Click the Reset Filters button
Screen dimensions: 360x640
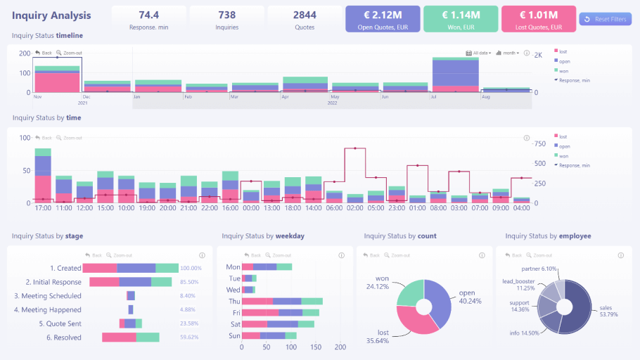pos(605,19)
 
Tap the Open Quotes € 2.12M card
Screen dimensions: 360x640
pos(383,19)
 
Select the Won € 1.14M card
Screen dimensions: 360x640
pos(461,19)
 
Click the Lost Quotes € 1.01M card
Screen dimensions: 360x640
pos(538,19)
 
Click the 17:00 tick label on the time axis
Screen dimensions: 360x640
pos(43,208)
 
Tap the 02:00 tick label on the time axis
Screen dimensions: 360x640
pos(355,208)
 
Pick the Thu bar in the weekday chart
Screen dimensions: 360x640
pos(282,301)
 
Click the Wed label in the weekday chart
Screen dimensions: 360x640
pos(233,290)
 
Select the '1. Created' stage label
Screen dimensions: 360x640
pos(65,268)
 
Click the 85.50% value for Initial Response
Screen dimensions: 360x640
pos(191,282)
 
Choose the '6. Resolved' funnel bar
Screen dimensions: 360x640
pos(131,337)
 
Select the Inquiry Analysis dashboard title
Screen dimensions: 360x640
pos(51,15)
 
